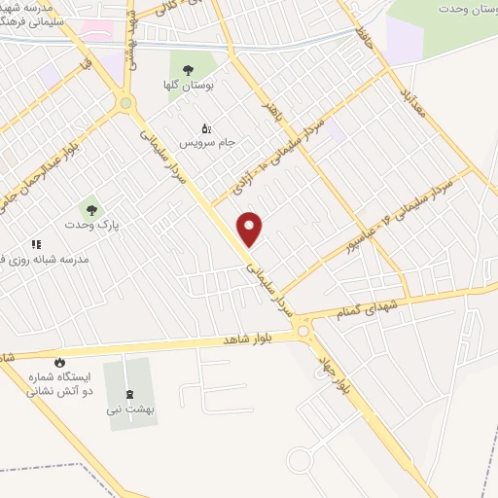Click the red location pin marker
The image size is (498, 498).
point(250,228)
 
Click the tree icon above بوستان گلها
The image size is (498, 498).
point(188,69)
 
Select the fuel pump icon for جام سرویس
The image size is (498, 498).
point(205,128)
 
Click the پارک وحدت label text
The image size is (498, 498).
point(89,225)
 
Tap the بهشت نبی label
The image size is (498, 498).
point(132,409)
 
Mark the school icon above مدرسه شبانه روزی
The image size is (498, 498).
point(36,244)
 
